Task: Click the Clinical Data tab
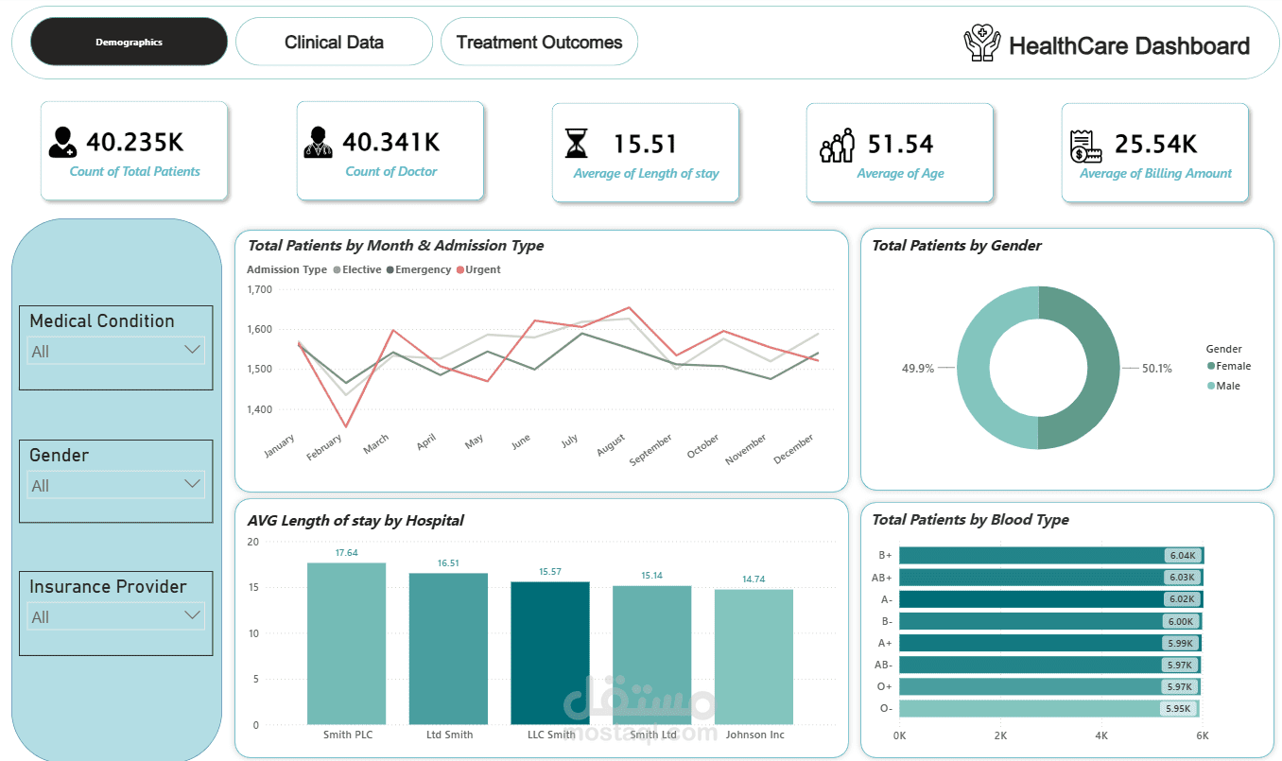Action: (334, 42)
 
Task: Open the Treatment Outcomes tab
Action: (539, 42)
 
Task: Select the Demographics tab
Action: (129, 42)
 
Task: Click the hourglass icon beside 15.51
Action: (577, 143)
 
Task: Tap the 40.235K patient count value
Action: (135, 142)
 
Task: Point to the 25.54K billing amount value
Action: (1155, 144)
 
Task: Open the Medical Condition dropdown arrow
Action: (192, 349)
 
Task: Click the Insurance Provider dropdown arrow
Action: (192, 615)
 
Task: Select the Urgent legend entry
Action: (478, 269)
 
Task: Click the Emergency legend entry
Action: (419, 269)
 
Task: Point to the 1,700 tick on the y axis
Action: (259, 289)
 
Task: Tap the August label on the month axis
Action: (611, 445)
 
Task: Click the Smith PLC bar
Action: (346, 644)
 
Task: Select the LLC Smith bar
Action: (550, 653)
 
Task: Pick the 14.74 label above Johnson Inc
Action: (754, 579)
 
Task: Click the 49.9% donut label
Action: (917, 369)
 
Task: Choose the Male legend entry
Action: (1223, 386)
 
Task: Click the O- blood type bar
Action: (1049, 708)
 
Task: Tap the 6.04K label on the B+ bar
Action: (1183, 555)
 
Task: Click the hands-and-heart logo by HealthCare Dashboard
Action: (982, 43)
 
